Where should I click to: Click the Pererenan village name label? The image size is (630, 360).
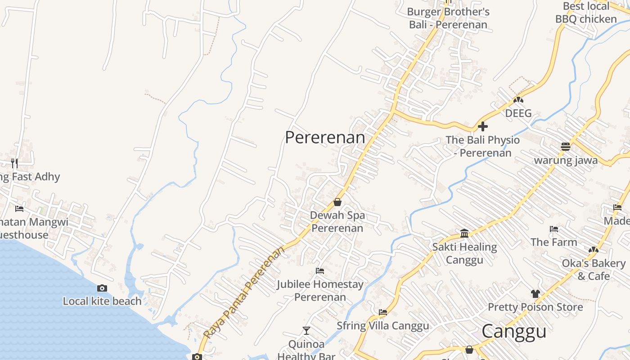tap(325, 137)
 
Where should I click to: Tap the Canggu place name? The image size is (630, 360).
tap(514, 332)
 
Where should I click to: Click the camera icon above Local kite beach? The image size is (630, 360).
tap(102, 288)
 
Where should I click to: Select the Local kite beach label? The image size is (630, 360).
tap(102, 301)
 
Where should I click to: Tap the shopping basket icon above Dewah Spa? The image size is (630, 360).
tap(337, 202)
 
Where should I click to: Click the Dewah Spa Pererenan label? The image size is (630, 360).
tap(337, 221)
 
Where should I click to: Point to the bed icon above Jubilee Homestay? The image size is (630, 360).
tap(320, 271)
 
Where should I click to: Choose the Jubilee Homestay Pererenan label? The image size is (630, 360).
tap(320, 290)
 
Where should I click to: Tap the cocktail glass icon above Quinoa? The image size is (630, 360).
tap(306, 331)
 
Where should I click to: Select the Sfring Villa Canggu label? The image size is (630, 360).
tap(383, 325)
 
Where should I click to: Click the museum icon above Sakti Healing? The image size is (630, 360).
tap(464, 233)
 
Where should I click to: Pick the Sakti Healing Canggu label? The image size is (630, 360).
tap(464, 253)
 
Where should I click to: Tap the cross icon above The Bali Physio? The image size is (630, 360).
tap(483, 126)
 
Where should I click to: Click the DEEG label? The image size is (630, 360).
tap(518, 113)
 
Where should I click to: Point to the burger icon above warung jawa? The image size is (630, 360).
tap(566, 147)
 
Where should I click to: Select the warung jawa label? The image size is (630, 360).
tap(566, 160)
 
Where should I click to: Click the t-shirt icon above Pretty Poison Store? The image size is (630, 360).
tap(535, 294)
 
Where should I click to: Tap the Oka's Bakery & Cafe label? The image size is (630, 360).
tap(594, 269)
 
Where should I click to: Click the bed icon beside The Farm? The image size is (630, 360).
tap(554, 229)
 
